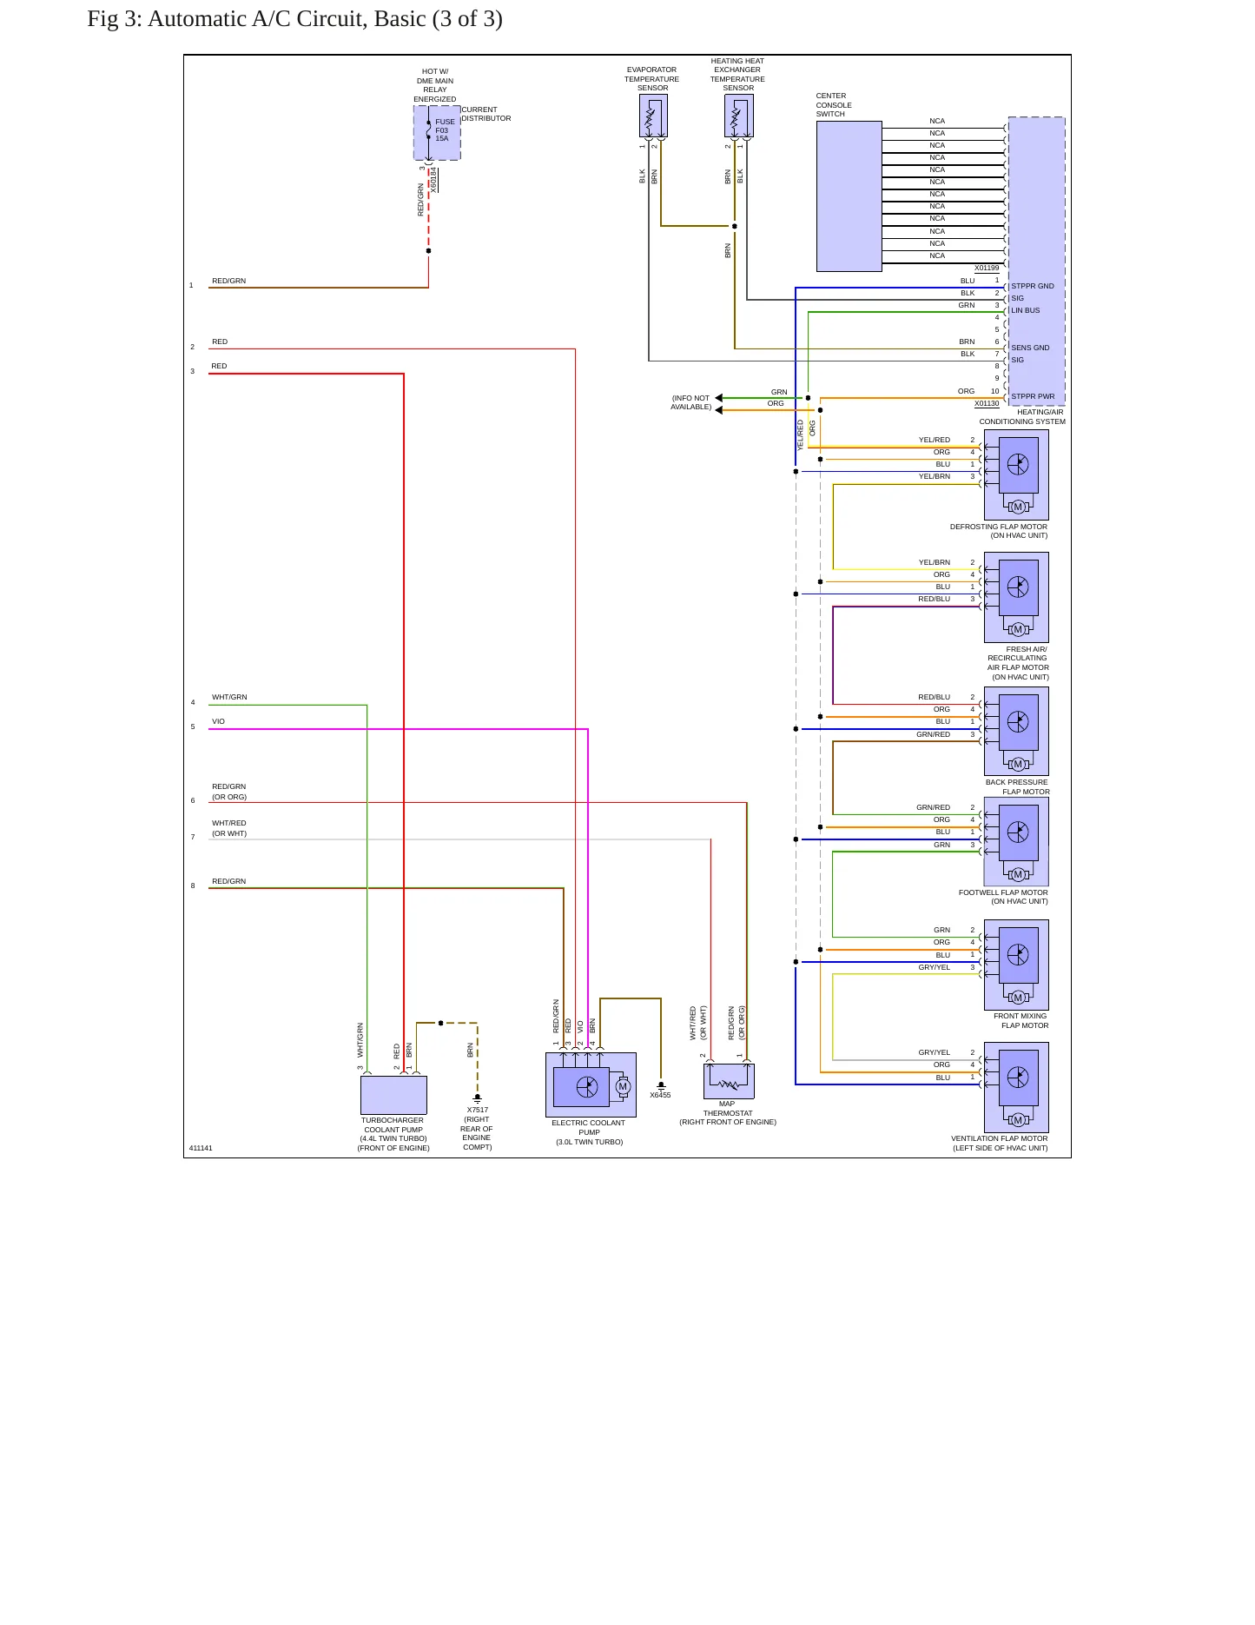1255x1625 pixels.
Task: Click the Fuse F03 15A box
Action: coord(437,133)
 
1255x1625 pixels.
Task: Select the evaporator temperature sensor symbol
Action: coord(653,116)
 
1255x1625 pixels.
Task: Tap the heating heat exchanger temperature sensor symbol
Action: coord(739,116)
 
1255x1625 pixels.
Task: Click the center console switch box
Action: coord(849,196)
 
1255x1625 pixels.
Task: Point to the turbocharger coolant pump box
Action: coord(393,1095)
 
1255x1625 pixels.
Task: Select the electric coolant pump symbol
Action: coord(591,1085)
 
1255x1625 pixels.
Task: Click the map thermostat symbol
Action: coord(729,1081)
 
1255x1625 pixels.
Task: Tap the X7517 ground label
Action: coord(478,1110)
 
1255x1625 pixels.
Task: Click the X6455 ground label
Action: coord(660,1095)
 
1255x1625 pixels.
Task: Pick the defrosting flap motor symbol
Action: coord(1016,474)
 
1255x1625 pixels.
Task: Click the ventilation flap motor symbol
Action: coord(1016,1087)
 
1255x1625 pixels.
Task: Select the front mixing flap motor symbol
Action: coord(1016,965)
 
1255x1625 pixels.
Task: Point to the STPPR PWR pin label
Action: coord(1033,396)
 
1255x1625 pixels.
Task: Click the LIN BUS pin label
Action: coord(1025,310)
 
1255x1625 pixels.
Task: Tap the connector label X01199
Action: coord(987,268)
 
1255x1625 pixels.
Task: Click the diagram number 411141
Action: coord(201,1148)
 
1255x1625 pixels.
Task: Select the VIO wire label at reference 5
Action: coord(218,721)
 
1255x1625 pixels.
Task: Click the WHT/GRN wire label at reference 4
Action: coord(229,697)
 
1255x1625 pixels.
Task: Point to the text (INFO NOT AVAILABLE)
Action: coord(690,402)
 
